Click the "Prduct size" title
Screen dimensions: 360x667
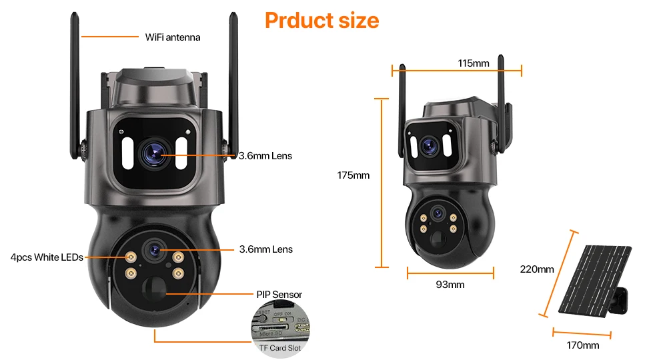(321, 20)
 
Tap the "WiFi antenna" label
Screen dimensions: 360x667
(172, 37)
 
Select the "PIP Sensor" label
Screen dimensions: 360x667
(279, 294)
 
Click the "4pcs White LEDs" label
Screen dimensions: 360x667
(47, 257)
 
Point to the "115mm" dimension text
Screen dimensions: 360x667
(474, 63)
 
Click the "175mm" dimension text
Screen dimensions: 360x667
(353, 175)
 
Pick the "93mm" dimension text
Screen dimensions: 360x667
(450, 285)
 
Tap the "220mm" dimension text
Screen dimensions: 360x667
(537, 269)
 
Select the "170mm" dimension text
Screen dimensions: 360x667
(582, 345)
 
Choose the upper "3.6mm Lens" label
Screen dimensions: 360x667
(265, 156)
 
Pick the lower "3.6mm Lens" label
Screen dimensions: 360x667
(265, 249)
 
